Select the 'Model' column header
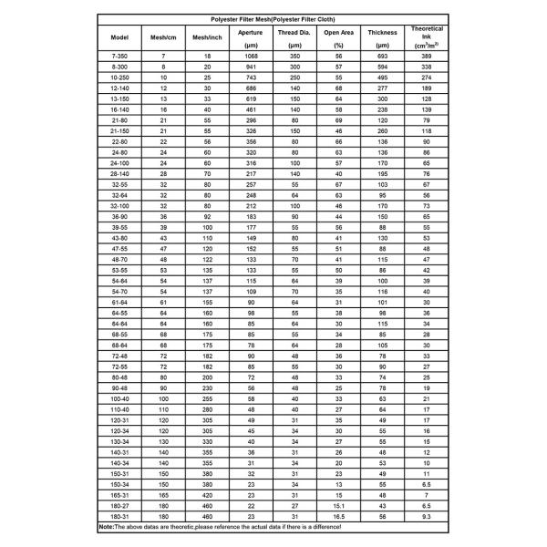pos(119,37)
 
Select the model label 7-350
pos(119,57)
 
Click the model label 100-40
pos(119,398)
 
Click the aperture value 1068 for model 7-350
pos(250,57)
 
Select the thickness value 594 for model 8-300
pos(382,67)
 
